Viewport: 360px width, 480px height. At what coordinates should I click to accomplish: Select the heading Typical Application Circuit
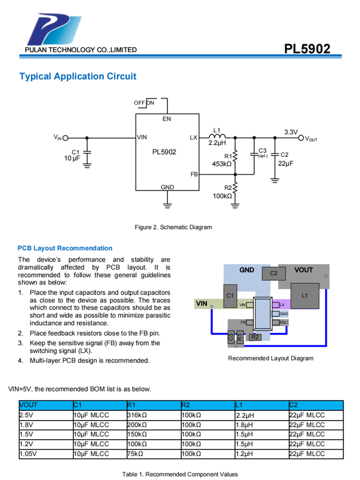78,76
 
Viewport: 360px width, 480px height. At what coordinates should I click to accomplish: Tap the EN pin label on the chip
167,119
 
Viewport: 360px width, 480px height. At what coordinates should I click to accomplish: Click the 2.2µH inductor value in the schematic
217,143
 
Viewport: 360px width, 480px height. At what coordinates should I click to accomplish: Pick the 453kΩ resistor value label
222,164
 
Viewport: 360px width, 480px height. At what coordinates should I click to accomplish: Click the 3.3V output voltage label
291,132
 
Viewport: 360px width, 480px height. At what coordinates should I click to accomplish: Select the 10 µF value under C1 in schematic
72,158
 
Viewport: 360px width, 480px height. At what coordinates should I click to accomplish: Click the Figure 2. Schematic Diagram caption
173,227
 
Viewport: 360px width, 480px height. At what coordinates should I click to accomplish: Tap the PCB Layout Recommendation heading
65,248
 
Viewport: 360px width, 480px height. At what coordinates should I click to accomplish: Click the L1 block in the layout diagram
304,296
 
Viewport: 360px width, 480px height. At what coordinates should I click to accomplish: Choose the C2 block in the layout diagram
274,273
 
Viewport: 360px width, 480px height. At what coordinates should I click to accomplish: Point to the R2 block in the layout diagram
255,337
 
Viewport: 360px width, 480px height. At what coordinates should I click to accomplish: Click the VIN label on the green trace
202,303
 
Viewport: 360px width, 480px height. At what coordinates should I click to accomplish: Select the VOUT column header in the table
29,405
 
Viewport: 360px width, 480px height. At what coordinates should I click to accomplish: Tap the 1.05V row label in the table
28,454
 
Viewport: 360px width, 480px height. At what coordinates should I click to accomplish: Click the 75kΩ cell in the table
136,454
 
